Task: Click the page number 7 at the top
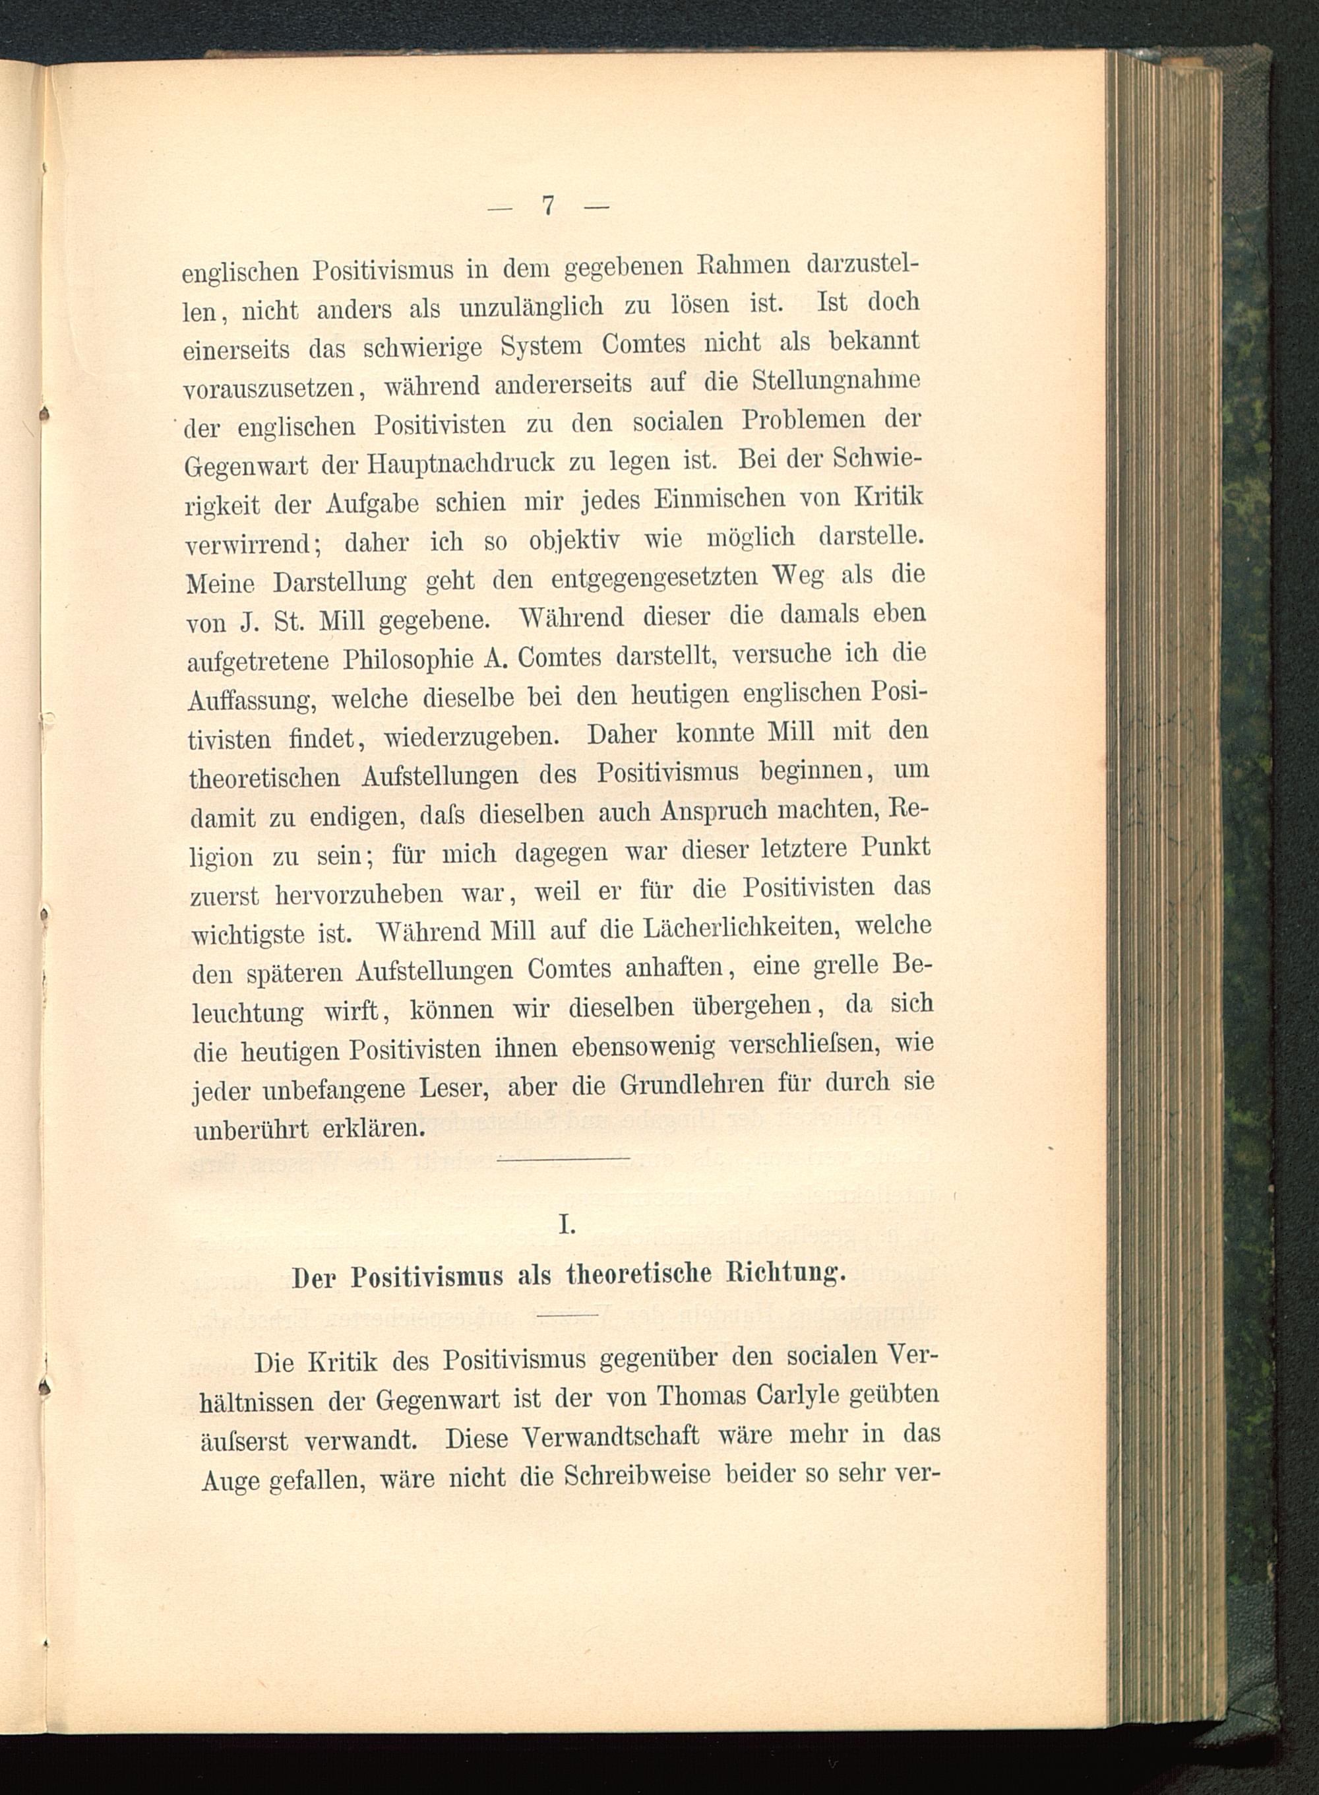coord(549,206)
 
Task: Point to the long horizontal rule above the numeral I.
coord(564,1158)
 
